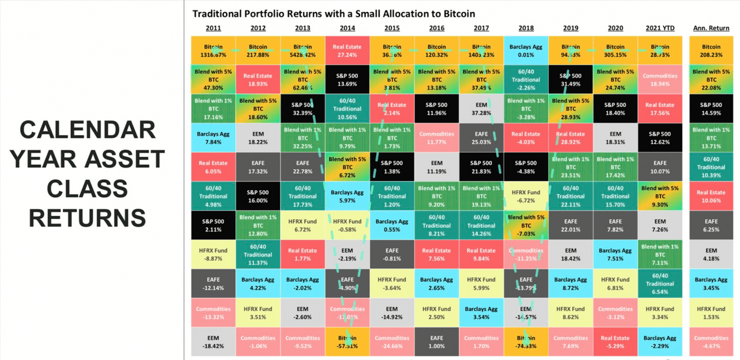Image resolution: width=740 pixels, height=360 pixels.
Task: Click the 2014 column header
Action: pyautogui.click(x=347, y=28)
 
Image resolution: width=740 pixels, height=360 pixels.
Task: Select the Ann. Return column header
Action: pyautogui.click(x=711, y=28)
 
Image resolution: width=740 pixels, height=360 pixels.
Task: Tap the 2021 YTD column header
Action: pyautogui.click(x=660, y=28)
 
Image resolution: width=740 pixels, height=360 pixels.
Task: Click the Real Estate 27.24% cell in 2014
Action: pyautogui.click(x=347, y=51)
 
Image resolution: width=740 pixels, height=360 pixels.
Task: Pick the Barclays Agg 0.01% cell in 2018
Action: pyautogui.click(x=526, y=51)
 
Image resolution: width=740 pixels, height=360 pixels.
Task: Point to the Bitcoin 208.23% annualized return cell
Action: pyautogui.click(x=711, y=51)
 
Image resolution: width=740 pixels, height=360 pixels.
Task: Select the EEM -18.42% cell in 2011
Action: pyautogui.click(x=213, y=342)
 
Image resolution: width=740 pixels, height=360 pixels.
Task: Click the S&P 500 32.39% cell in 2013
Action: pyautogui.click(x=303, y=109)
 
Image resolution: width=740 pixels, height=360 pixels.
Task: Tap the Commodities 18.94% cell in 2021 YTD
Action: pyautogui.click(x=660, y=80)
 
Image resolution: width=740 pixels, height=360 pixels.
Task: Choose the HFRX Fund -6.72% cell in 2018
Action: pyautogui.click(x=526, y=196)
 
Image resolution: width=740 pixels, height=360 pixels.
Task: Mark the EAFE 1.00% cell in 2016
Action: pyautogui.click(x=436, y=342)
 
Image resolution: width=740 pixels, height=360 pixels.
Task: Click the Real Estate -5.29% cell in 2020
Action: pyautogui.click(x=615, y=342)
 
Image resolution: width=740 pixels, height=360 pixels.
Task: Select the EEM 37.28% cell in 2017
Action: pyautogui.click(x=481, y=109)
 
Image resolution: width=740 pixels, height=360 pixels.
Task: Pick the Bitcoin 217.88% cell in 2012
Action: pyautogui.click(x=258, y=51)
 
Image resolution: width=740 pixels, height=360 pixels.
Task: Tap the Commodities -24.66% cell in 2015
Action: pyautogui.click(x=392, y=342)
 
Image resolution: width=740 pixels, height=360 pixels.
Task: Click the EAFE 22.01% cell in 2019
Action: pyautogui.click(x=570, y=225)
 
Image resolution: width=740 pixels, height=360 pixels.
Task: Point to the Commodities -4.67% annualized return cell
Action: pyautogui.click(x=711, y=342)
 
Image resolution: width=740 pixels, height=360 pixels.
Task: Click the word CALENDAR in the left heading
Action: pyautogui.click(x=87, y=130)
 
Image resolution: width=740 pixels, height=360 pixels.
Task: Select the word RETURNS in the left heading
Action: pyautogui.click(x=87, y=218)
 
